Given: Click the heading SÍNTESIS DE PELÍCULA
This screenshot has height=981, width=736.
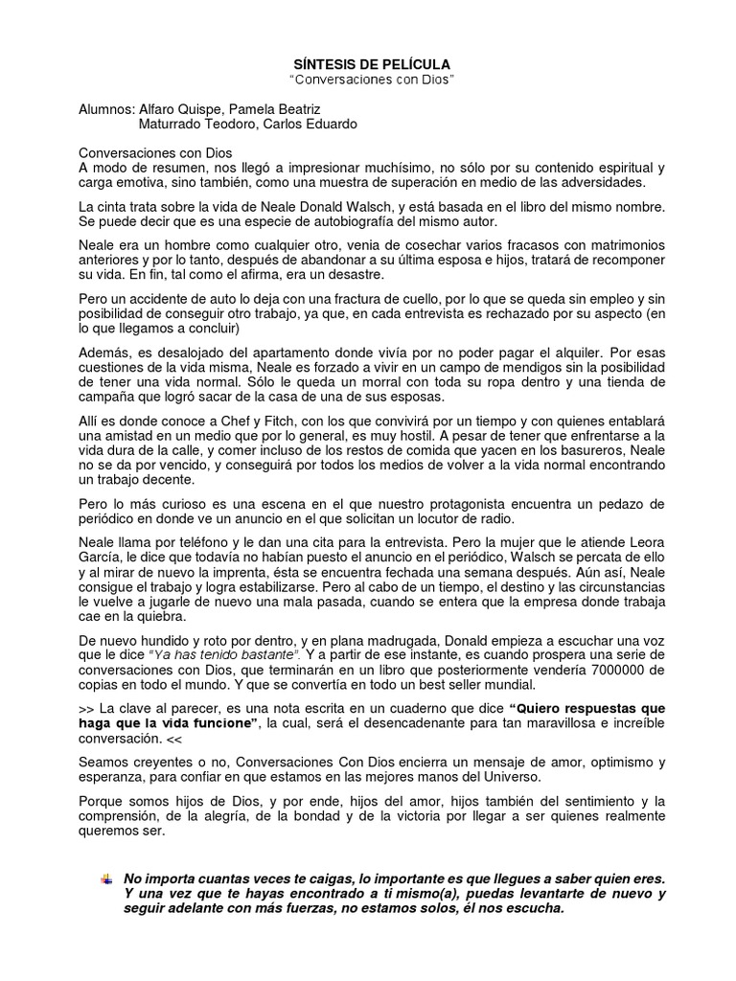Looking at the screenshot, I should [371, 64].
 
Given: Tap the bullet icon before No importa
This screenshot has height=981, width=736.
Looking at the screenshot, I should [105, 878].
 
